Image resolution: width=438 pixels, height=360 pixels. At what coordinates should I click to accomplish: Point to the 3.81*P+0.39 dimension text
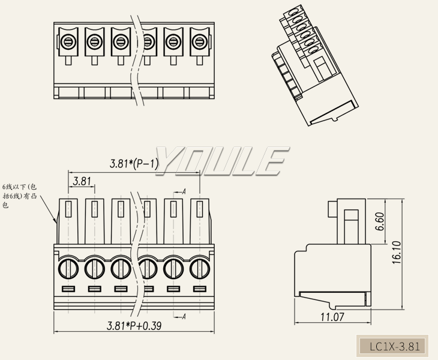click(x=134, y=326)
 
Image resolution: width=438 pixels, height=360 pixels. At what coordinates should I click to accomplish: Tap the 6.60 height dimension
click(x=379, y=221)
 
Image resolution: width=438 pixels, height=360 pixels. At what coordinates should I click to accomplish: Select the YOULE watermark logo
click(x=219, y=160)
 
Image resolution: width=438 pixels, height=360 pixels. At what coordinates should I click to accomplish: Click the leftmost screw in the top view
click(x=68, y=42)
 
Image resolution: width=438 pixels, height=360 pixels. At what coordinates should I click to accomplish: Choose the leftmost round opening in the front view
click(x=68, y=268)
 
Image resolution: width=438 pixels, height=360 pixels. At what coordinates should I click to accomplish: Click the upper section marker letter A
click(x=183, y=191)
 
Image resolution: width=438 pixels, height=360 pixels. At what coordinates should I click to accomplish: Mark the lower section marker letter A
click(x=183, y=316)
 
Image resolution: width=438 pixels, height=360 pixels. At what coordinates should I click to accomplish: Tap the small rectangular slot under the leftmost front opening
click(x=68, y=290)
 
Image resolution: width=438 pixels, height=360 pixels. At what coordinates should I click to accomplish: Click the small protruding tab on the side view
click(x=332, y=211)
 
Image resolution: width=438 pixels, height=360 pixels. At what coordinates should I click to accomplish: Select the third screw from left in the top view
click(x=121, y=42)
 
